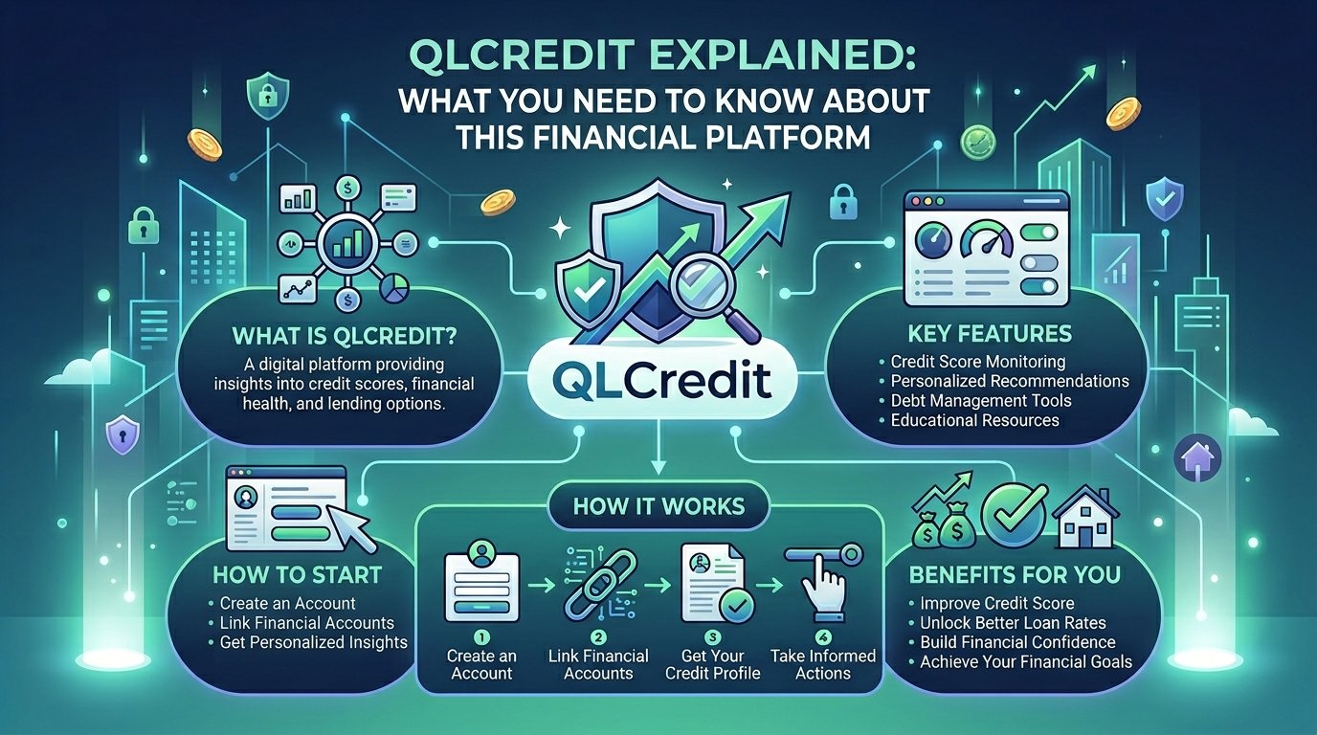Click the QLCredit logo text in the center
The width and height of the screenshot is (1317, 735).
point(658,375)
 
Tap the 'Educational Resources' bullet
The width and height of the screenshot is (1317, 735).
point(974,420)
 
